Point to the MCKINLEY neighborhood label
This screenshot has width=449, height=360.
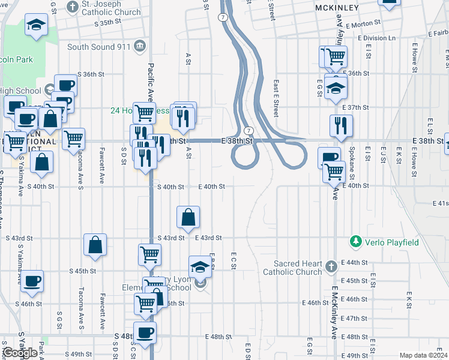337,8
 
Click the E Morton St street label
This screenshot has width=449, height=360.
363,22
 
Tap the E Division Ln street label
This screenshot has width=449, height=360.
376,38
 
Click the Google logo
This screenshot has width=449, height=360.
20,353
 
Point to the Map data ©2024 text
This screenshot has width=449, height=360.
423,355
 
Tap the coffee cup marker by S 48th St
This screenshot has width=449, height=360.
144,331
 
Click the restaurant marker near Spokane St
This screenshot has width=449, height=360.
341,125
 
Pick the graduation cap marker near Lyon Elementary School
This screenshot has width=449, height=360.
200,266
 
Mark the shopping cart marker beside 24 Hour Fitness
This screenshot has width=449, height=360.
144,112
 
